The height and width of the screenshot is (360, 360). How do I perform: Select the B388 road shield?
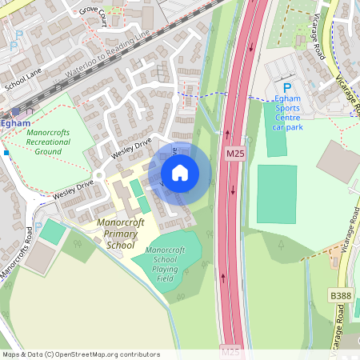coord(341,296)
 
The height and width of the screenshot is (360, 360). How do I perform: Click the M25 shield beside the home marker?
coord(234,153)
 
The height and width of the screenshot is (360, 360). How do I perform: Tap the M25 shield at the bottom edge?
coord(230,351)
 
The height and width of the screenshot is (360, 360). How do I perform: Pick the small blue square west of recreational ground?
coord(6,151)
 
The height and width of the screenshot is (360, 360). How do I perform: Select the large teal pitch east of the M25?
coord(277,194)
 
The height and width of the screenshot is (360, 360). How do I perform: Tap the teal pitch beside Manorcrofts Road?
coord(53,232)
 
